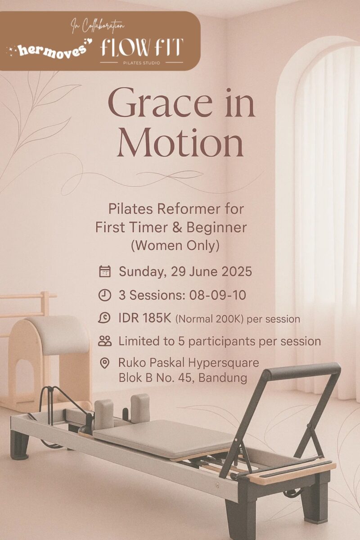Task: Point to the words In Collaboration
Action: tap(98, 26)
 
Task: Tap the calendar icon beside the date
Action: tap(105, 271)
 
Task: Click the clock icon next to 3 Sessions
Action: tap(105, 295)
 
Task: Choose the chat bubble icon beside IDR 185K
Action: tap(104, 318)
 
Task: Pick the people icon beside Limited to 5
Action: tap(105, 341)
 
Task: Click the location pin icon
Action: tap(104, 363)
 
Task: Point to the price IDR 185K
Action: tap(145, 319)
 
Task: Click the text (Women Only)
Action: tap(175, 246)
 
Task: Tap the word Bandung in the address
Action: tap(223, 378)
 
